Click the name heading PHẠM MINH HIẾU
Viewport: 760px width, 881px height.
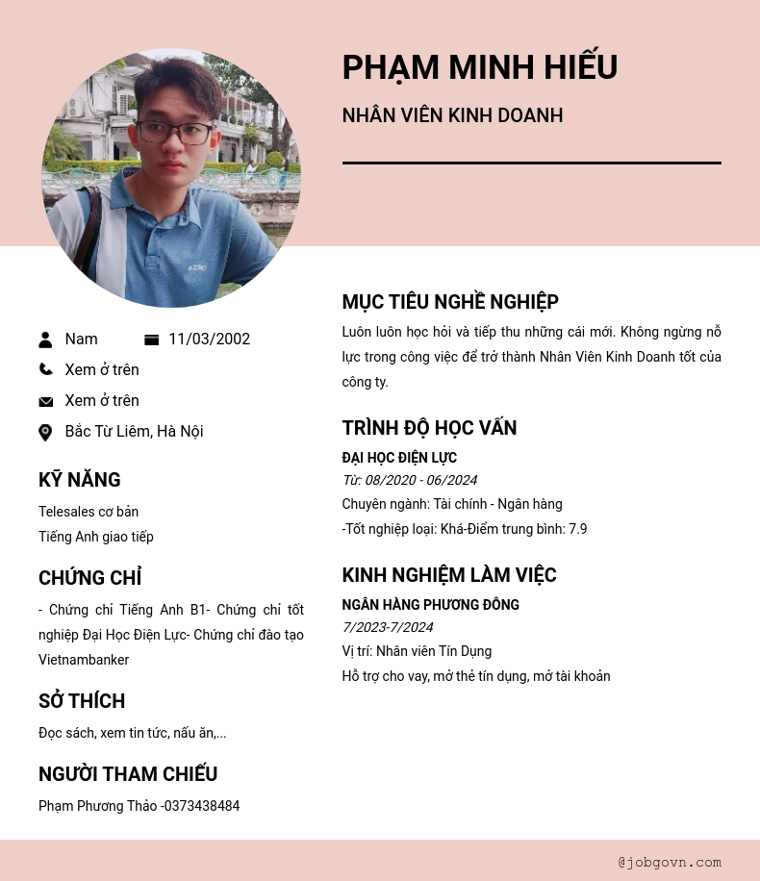click(479, 67)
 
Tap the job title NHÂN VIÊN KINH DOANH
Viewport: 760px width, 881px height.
click(452, 115)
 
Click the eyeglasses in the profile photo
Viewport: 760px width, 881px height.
click(176, 133)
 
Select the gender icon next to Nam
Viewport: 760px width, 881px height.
click(45, 340)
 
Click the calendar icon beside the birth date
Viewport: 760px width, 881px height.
click(151, 340)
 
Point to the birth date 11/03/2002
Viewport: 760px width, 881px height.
click(209, 340)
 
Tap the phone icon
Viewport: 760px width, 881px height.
click(45, 369)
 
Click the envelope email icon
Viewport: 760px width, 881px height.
click(45, 401)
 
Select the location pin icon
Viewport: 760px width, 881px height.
click(45, 432)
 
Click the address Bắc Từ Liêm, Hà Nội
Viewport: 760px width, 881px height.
click(134, 432)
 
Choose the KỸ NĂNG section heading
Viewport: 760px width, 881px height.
click(80, 480)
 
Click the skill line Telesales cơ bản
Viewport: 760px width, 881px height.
click(89, 512)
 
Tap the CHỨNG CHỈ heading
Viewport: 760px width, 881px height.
click(89, 578)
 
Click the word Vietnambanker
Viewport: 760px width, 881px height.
click(84, 660)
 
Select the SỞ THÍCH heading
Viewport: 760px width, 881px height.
click(82, 701)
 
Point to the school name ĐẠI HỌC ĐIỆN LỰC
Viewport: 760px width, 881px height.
click(399, 458)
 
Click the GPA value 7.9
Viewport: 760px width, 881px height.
click(577, 529)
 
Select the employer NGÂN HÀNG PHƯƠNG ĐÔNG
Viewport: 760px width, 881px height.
click(430, 605)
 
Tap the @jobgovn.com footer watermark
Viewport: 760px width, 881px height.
click(670, 862)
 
